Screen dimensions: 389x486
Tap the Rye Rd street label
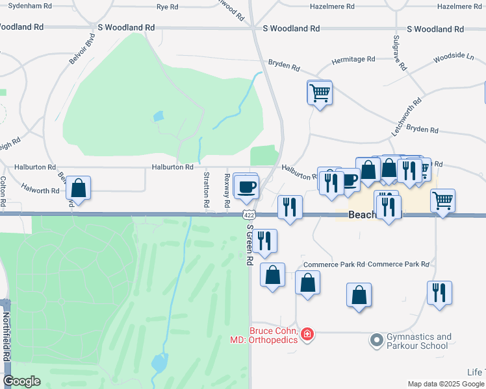pyautogui.click(x=167, y=6)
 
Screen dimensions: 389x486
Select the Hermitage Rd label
pyautogui.click(x=353, y=59)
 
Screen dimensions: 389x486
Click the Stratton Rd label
pyautogui.click(x=207, y=190)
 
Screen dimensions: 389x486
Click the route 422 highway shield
pyautogui.click(x=248, y=215)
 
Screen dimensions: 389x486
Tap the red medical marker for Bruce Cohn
pyautogui.click(x=307, y=335)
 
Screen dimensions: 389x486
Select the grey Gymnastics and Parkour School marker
pyautogui.click(x=376, y=339)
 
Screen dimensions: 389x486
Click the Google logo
pyautogui.click(x=21, y=381)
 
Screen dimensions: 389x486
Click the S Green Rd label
pyautogui.click(x=249, y=245)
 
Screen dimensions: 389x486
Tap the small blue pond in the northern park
pyautogui.click(x=158, y=117)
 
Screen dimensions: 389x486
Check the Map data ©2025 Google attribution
pyautogui.click(x=445, y=384)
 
